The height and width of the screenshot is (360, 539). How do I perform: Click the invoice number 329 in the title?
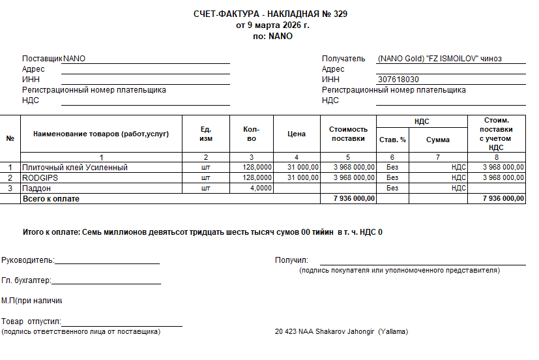coord(340,14)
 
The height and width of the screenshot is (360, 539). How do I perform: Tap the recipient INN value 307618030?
coord(398,80)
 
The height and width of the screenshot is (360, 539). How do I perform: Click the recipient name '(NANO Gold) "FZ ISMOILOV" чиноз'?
coord(439,59)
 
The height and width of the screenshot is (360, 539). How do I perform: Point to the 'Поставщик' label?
coord(42,59)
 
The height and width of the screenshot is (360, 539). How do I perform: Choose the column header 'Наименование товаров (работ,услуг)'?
coord(101,134)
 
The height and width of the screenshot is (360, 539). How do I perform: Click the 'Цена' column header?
coord(296,134)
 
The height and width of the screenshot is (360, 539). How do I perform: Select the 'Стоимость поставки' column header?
coord(348,134)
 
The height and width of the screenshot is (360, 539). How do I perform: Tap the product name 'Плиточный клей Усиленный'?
coord(75,168)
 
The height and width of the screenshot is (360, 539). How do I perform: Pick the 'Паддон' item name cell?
coord(36,188)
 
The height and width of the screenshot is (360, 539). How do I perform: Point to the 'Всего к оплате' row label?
coord(51,198)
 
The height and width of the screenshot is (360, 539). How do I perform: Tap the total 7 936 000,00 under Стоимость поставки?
coord(353,198)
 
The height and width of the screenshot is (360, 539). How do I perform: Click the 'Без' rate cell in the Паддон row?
coord(392,188)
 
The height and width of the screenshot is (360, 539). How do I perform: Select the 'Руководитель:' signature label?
coord(27,261)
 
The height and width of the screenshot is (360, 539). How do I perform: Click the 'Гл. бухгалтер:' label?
coord(26,281)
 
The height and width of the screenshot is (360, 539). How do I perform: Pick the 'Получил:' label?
coord(291,261)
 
